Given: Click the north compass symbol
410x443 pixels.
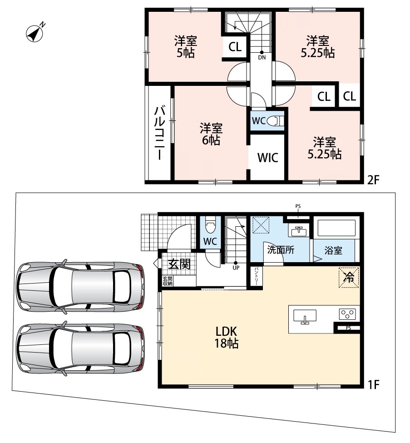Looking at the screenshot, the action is pyautogui.click(x=35, y=33).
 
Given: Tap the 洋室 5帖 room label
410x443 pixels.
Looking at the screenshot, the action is pyautogui.click(x=186, y=47).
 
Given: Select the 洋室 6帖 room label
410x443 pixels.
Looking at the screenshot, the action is pyautogui.click(x=211, y=134).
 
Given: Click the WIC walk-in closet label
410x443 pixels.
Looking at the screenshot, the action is pyautogui.click(x=268, y=158).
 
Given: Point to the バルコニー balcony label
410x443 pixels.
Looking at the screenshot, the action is pyautogui.click(x=159, y=133).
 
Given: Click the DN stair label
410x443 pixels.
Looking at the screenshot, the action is pyautogui.click(x=262, y=57).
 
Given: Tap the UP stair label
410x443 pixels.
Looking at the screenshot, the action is pyautogui.click(x=236, y=268).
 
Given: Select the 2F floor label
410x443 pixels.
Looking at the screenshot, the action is pyautogui.click(x=373, y=179).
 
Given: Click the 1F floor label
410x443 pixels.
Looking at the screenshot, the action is pyautogui.click(x=373, y=384).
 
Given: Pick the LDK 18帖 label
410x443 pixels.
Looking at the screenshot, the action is pyautogui.click(x=227, y=337).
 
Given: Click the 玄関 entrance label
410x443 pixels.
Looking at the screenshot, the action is pyautogui.click(x=179, y=264).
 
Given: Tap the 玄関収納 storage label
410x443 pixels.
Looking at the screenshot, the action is pyautogui.click(x=168, y=281).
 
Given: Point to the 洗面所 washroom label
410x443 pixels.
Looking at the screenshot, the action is pyautogui.click(x=281, y=250).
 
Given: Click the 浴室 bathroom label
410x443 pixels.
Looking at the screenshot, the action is pyautogui.click(x=333, y=250).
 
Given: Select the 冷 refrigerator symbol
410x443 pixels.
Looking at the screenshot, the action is pyautogui.click(x=349, y=278).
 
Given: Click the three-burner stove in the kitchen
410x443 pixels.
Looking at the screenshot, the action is pyautogui.click(x=347, y=314).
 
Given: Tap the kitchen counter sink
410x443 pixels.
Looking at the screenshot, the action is pyautogui.click(x=305, y=316).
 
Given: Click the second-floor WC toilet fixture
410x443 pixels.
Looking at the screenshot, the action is pyautogui.click(x=275, y=121).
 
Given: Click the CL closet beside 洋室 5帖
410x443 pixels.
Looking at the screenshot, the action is pyautogui.click(x=235, y=47).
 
